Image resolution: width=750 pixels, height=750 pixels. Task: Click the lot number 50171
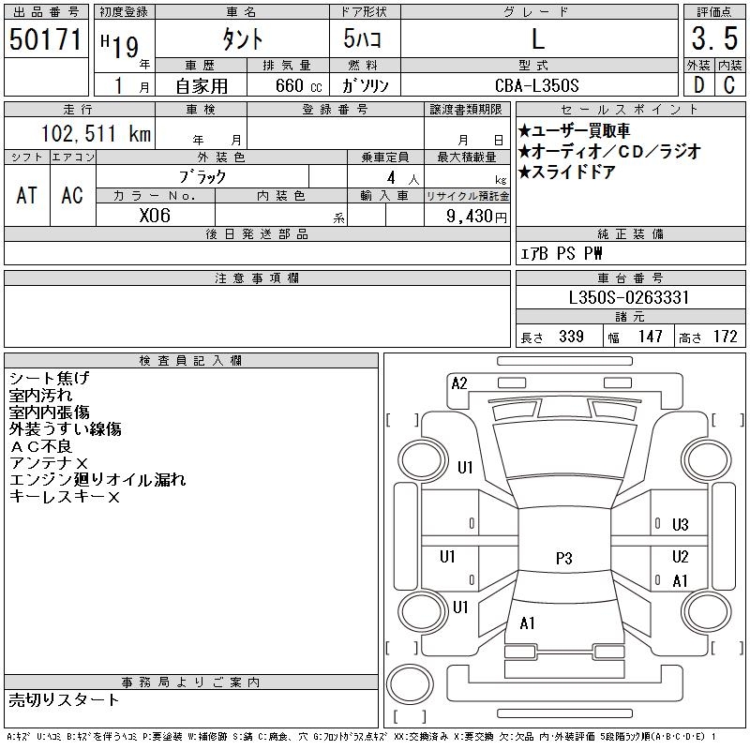click(x=46, y=39)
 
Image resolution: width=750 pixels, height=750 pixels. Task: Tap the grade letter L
click(x=537, y=39)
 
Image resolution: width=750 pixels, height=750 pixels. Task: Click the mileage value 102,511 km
click(x=96, y=134)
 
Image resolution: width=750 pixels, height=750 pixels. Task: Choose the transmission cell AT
click(x=27, y=195)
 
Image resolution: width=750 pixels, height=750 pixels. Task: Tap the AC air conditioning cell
click(x=72, y=195)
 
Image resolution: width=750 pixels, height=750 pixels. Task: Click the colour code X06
click(x=155, y=216)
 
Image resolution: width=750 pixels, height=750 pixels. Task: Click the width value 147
click(x=650, y=337)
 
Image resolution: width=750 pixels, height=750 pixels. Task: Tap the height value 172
click(x=724, y=337)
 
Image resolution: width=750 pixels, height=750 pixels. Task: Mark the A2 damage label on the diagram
click(x=459, y=382)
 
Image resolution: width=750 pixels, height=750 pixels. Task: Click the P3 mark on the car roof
click(x=563, y=558)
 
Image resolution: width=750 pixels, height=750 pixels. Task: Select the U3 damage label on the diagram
click(x=680, y=525)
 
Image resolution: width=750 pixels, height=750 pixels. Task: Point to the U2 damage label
click(x=680, y=557)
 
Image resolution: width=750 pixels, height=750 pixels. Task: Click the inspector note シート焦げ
click(x=49, y=378)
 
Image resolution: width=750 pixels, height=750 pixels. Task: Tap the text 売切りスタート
click(x=64, y=699)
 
